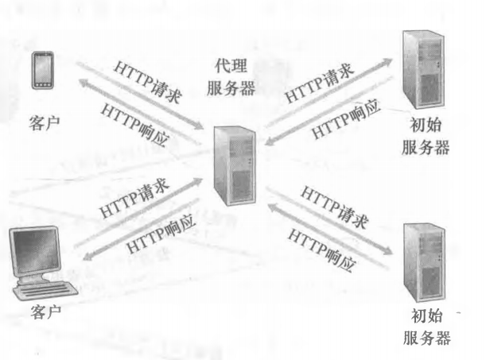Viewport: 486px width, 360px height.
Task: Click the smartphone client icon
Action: tap(43, 71)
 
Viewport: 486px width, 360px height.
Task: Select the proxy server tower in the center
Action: tap(235, 165)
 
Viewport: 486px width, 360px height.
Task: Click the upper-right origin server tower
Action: tap(424, 69)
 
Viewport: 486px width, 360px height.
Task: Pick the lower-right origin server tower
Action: tap(424, 262)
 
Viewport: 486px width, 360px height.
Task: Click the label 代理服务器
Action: tap(231, 77)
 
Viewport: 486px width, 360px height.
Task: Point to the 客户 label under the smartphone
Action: tap(45, 123)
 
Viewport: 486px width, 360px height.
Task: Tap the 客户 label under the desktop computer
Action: tap(46, 312)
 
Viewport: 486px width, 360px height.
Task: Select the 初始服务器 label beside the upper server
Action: tap(426, 136)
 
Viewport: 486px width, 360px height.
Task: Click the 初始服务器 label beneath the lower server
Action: tap(427, 327)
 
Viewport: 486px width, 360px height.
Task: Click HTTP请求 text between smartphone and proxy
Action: tap(147, 82)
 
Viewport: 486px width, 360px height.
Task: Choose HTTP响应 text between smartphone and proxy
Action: tap(135, 125)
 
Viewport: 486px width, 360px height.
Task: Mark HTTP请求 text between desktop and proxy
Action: tap(134, 198)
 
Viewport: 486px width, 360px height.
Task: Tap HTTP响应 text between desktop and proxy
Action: tap(161, 233)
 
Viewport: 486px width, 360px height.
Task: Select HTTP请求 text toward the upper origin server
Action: tap(319, 83)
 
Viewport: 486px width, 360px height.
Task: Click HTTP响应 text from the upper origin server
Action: tap(346, 119)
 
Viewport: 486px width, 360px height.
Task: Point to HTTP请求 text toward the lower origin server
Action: tap(335, 207)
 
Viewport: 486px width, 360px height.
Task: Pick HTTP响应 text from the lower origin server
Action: tap(321, 250)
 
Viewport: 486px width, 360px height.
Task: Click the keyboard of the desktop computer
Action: tap(46, 290)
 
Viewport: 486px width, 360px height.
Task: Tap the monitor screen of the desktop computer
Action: tap(35, 251)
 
